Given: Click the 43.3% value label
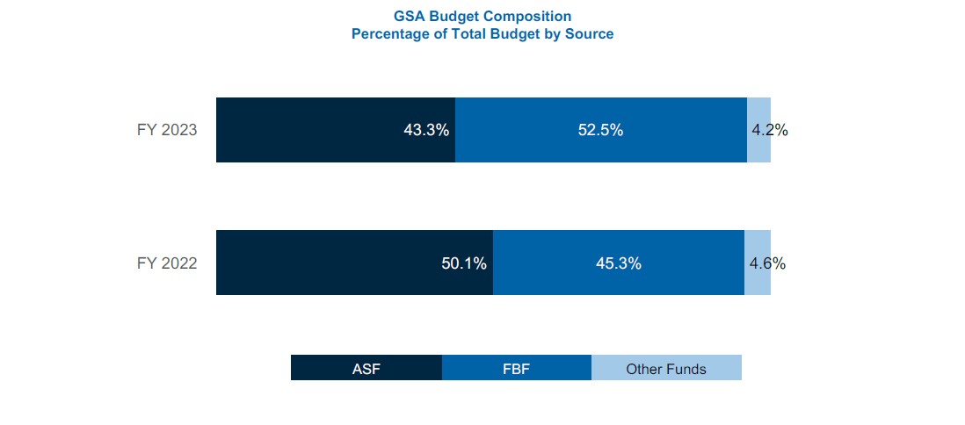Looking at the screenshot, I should tap(426, 130).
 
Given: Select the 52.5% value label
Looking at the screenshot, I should tap(600, 130).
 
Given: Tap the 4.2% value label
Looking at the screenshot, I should tap(770, 130).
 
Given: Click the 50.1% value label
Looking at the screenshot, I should tap(463, 263).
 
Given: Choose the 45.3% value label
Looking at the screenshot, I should tap(618, 263).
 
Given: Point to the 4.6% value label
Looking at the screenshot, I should tap(767, 263).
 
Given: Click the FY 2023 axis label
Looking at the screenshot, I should tap(167, 130).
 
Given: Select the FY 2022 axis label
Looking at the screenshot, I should tap(167, 263).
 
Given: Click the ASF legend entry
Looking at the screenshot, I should tap(366, 368).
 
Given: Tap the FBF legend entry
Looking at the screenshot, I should tap(516, 368).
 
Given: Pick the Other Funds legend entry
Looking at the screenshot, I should tap(666, 368).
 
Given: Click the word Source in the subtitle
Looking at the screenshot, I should tap(590, 34).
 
